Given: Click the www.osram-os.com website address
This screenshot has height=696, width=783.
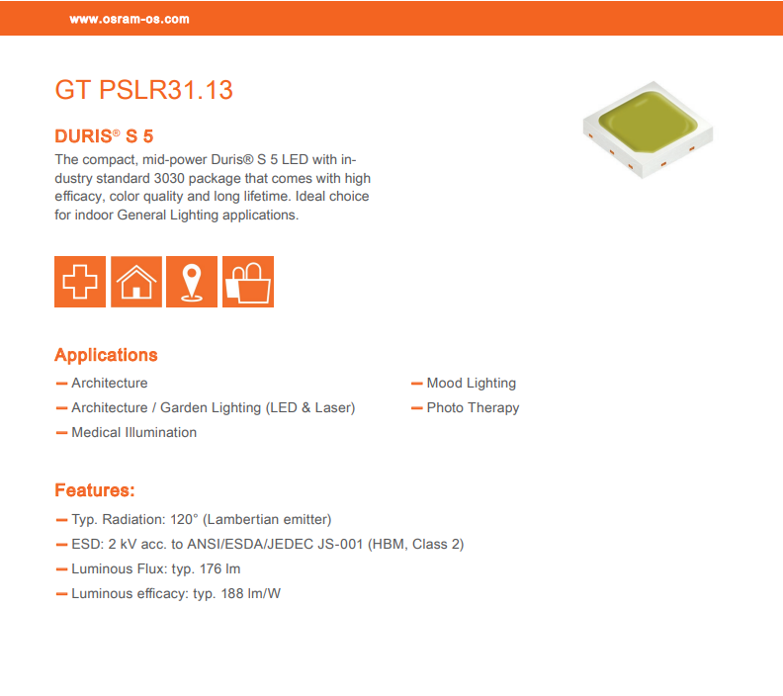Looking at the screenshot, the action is [130, 20].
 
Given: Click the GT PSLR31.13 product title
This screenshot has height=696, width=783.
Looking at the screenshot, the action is [143, 90].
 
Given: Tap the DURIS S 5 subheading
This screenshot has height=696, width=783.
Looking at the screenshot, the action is [104, 136].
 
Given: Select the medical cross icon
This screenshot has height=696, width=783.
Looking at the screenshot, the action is [80, 282].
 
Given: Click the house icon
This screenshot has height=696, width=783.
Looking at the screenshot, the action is [136, 282].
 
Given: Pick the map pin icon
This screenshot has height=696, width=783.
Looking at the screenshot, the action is [192, 282].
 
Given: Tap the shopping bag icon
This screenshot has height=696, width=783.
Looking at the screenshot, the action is [248, 282].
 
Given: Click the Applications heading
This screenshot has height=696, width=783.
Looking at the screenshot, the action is [106, 355].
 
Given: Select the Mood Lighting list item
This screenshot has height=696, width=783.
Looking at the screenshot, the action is [471, 384].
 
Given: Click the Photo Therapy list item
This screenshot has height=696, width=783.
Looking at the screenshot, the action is [473, 408].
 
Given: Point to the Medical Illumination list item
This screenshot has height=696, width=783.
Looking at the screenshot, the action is [133, 432].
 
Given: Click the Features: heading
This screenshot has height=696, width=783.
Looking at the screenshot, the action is [95, 490].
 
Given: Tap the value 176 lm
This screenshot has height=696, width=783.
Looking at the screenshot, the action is [219, 568].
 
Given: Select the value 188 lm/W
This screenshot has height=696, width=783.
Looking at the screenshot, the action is [251, 593].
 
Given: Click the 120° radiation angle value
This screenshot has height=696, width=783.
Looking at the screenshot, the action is [184, 519].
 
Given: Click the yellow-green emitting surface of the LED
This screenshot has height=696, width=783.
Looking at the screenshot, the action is [648, 123].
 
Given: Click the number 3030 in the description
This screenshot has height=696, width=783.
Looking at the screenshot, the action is [169, 178].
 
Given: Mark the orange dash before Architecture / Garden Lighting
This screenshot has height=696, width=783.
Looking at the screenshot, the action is [62, 408].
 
